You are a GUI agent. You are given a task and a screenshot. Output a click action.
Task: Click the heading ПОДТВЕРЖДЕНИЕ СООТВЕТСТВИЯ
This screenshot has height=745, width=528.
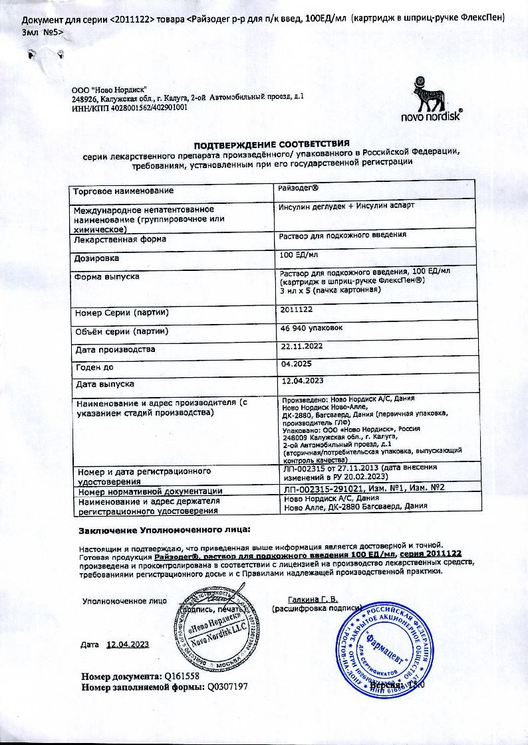click(x=271, y=144)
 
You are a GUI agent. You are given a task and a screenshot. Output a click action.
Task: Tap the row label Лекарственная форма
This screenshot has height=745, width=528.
click(x=120, y=239)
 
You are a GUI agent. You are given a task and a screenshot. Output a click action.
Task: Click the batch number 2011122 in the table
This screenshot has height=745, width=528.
click(x=297, y=309)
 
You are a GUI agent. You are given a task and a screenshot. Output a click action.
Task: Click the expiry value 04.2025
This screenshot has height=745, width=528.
click(x=297, y=364)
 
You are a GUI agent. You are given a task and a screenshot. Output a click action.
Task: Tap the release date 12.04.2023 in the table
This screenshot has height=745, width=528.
click(x=303, y=381)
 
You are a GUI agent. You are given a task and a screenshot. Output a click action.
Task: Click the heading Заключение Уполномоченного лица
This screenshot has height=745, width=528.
click(x=166, y=531)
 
